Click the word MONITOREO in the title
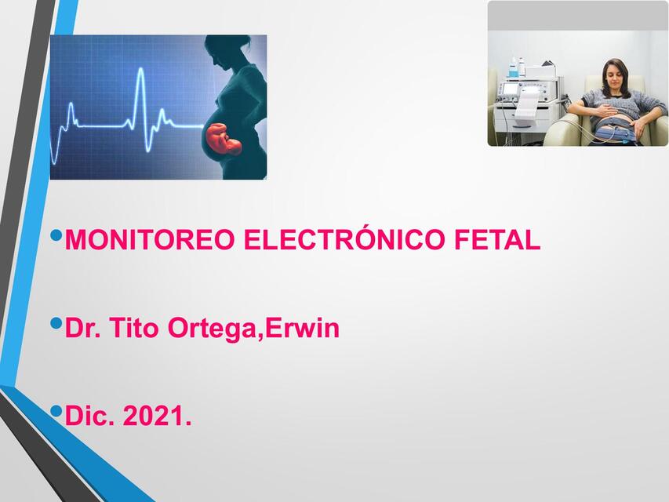(150, 240)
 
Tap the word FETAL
(497, 240)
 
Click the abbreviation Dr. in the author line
(82, 328)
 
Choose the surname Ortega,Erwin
(253, 329)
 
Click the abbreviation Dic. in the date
(89, 417)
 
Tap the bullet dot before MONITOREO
(55, 235)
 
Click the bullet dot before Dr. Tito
(55, 322)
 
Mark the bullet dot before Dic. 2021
(55, 411)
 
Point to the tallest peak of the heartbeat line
(140, 75)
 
